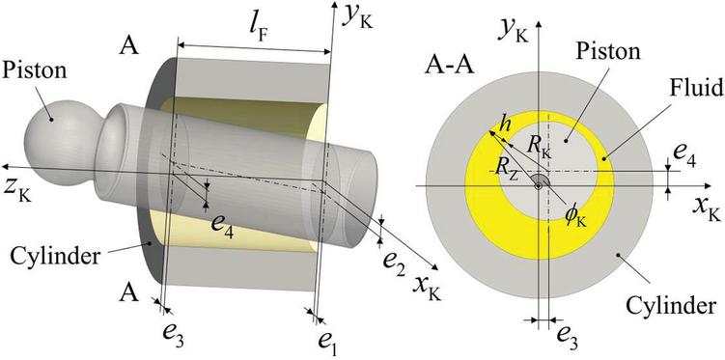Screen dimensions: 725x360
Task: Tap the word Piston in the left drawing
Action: point(35,70)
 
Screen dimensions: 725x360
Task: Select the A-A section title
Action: point(449,66)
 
